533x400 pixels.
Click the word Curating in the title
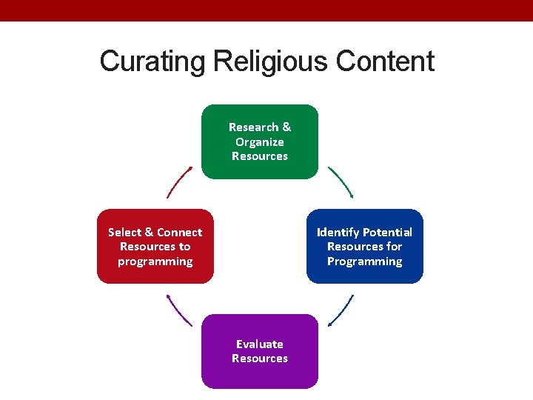[x=152, y=61]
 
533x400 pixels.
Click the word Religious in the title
[x=270, y=61]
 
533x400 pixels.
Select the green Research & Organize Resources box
[x=260, y=141]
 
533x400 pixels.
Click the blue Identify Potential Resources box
[x=365, y=246]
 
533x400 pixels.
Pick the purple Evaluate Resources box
[x=260, y=351]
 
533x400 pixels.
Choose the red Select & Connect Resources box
[x=155, y=246]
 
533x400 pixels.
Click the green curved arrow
[x=341, y=182]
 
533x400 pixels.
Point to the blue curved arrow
[x=341, y=310]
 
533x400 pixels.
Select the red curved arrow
[x=179, y=182]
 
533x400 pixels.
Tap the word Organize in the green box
[x=260, y=141]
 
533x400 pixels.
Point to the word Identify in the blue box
[x=337, y=232]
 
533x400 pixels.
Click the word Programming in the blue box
[x=365, y=261]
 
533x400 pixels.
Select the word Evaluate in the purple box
[x=260, y=344]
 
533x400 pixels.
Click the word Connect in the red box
[x=179, y=232]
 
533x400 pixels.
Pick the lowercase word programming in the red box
[x=155, y=261]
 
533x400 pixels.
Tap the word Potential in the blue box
[x=386, y=232]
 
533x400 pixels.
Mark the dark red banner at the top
[x=266, y=10]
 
